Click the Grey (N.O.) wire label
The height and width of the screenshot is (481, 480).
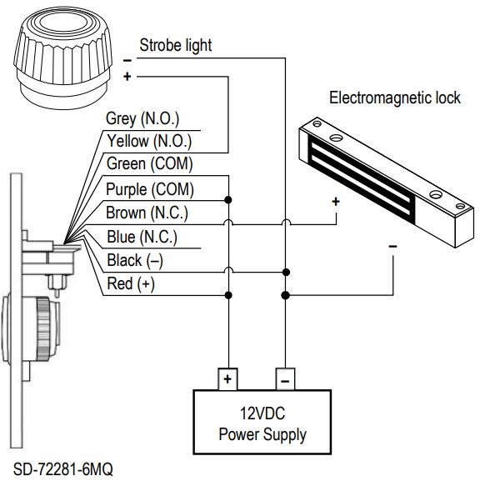[x=142, y=119]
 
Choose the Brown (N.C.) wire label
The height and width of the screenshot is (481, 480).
[x=147, y=213]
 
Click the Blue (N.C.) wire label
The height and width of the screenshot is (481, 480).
[x=142, y=237]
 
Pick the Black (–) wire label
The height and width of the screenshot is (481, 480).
[x=135, y=261]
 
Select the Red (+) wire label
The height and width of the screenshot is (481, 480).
[x=131, y=284]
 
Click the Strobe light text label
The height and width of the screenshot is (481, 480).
[x=175, y=45]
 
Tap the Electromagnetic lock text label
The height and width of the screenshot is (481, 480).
[x=394, y=98]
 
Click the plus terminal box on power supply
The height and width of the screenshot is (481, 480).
[x=227, y=379]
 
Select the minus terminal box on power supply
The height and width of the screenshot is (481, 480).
[x=284, y=379]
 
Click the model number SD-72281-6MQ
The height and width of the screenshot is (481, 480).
[x=62, y=469]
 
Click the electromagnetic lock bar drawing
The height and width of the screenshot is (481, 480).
[x=379, y=175]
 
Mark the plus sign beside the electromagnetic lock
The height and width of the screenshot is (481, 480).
[x=336, y=202]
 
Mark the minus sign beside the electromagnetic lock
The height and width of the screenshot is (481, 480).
[x=392, y=247]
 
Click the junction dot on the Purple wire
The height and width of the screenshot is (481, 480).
[x=227, y=200]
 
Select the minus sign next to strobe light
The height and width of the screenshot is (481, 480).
[x=127, y=60]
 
